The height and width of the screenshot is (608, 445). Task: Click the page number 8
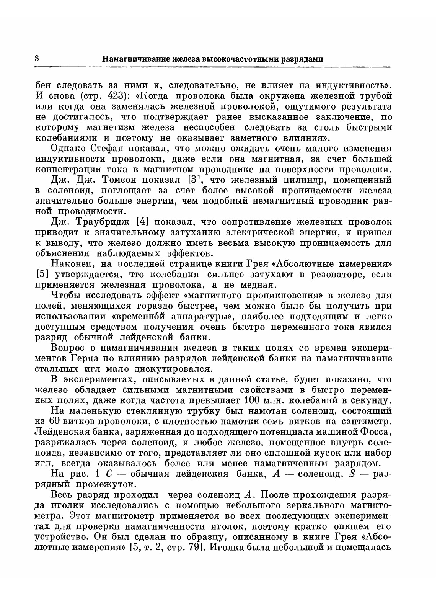click(x=37, y=59)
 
